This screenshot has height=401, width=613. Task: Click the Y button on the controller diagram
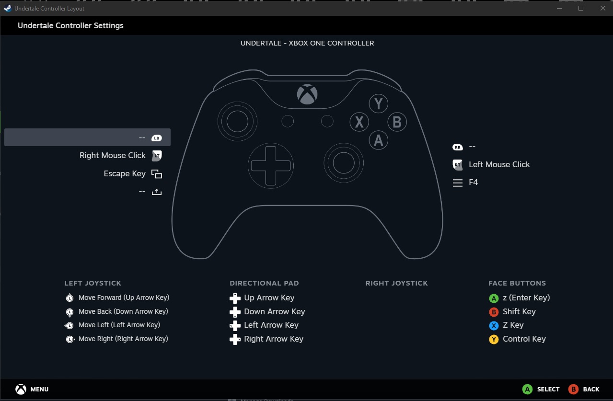(x=378, y=103)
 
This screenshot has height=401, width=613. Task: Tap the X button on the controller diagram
(x=359, y=122)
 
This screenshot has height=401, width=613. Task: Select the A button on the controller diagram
(x=379, y=140)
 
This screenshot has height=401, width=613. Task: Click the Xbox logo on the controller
(x=307, y=94)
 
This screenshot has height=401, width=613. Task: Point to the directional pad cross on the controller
(x=271, y=166)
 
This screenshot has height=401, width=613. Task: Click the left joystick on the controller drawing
(x=237, y=122)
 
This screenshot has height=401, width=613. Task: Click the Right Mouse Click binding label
(x=113, y=156)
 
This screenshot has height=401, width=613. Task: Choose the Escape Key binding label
(x=125, y=174)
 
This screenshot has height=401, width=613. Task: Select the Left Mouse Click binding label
(x=499, y=165)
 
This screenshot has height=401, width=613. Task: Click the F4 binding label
(x=473, y=183)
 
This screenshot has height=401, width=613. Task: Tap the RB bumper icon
(x=458, y=147)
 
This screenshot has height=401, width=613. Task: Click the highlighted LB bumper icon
(x=156, y=138)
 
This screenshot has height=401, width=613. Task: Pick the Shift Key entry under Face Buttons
(x=519, y=312)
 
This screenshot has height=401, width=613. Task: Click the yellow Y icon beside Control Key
(x=494, y=340)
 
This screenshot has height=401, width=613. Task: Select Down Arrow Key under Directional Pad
(x=274, y=312)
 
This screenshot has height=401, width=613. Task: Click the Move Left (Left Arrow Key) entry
(x=119, y=325)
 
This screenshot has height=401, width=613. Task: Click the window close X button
(x=602, y=8)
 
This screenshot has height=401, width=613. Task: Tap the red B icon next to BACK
(x=573, y=390)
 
